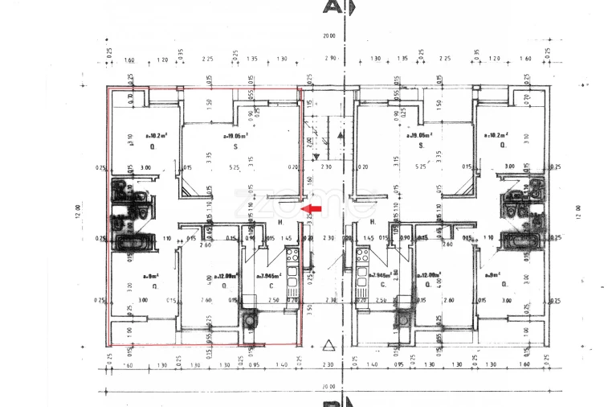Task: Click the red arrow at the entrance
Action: click(x=312, y=208)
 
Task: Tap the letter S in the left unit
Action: click(x=235, y=147)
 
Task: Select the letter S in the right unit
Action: click(x=422, y=147)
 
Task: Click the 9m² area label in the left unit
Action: click(x=151, y=276)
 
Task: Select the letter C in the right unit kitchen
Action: click(x=383, y=285)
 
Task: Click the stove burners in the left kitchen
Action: click(x=292, y=257)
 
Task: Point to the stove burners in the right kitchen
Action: click(x=361, y=257)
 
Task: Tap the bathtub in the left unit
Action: click(x=129, y=241)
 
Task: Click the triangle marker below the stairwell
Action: click(x=327, y=347)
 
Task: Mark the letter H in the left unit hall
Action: click(x=280, y=222)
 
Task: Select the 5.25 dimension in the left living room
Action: click(x=235, y=167)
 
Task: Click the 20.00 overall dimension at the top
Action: click(x=328, y=36)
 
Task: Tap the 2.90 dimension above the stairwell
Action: click(x=329, y=59)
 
